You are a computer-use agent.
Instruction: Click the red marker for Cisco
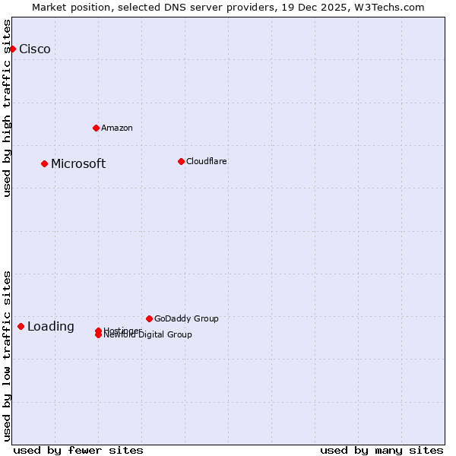point(12,49)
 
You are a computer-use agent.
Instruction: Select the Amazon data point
point(96,128)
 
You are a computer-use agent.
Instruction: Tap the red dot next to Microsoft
point(44,163)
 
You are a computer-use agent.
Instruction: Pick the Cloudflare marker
point(181,161)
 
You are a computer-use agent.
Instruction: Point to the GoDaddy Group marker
point(149,318)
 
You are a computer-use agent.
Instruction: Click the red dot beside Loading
point(21,326)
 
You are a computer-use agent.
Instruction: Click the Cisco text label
point(35,49)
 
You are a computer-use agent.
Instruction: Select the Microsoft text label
point(78,164)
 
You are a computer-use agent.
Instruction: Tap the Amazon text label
point(117,128)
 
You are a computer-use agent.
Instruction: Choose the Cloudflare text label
point(207,161)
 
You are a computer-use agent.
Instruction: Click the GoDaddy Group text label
point(186,318)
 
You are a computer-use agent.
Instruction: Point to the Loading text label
point(51,327)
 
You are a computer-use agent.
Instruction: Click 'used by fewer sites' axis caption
point(78,450)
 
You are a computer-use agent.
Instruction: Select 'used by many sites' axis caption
point(382,450)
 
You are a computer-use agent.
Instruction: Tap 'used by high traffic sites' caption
point(8,108)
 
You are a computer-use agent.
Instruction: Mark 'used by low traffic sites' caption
point(8,356)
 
